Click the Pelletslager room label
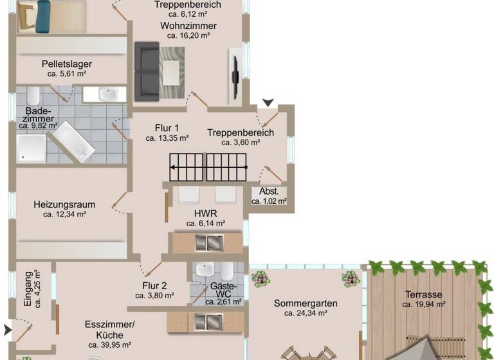(x=67, y=64)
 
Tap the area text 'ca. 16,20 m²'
(x=188, y=36)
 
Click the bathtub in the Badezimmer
(x=73, y=141)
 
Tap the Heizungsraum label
(x=64, y=204)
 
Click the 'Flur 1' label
(x=167, y=127)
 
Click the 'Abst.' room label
(x=269, y=191)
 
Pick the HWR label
(x=205, y=213)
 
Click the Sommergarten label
(x=306, y=303)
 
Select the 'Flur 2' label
(x=154, y=286)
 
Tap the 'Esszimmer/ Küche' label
(x=109, y=330)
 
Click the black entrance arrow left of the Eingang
(x=7, y=330)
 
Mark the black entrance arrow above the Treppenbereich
(x=268, y=102)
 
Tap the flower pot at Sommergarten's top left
(x=260, y=278)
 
